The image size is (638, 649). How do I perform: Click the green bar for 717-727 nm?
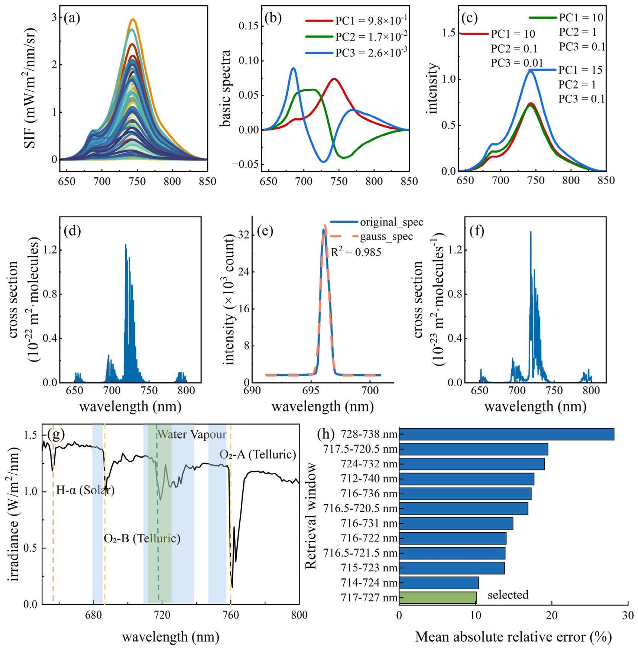(438, 597)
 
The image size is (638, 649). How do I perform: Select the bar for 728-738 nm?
(506, 434)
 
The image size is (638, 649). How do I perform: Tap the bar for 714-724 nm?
(439, 582)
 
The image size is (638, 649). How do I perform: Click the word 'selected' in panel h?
(508, 595)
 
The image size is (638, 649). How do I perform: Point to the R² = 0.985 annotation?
(356, 252)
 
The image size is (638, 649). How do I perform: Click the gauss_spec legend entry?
(372, 236)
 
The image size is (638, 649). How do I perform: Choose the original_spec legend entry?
(377, 222)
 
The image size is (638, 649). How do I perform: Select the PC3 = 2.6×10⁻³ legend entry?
(356, 52)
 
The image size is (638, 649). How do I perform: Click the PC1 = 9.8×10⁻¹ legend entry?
(356, 20)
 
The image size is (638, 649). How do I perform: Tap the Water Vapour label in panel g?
(192, 434)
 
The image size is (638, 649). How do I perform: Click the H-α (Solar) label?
(85, 490)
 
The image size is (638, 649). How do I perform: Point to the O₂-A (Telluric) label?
(258, 454)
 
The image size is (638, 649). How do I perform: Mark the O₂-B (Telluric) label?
(142, 538)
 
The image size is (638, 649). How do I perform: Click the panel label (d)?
(72, 231)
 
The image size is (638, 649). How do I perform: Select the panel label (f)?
(477, 231)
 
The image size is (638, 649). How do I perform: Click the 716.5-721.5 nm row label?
(360, 553)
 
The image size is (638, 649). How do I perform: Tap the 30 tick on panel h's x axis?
(628, 615)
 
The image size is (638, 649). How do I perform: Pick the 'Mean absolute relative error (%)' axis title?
(514, 637)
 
